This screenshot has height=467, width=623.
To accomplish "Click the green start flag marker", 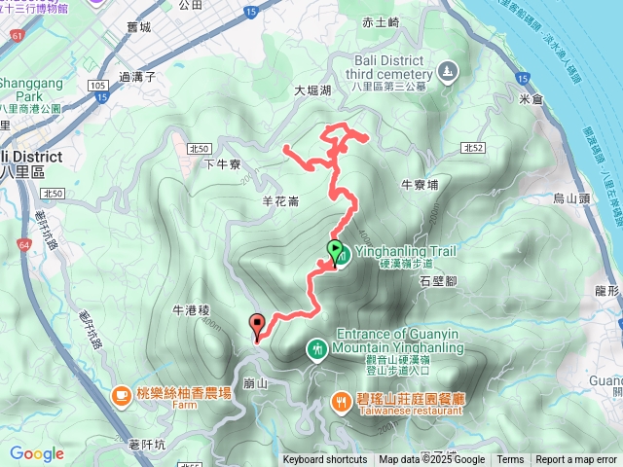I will (335, 253).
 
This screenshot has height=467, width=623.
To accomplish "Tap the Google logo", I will (36, 453).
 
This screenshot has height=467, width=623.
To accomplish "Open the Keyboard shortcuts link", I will (325, 460).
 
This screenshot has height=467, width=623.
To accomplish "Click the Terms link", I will (510, 460).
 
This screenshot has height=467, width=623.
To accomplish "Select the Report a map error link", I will (576, 460).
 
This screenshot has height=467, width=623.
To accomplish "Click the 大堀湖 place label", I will (313, 90).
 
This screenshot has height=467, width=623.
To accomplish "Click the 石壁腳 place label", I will (439, 280).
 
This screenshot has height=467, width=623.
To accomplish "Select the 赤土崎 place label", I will (381, 22).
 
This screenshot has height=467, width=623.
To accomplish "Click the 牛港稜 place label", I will (191, 311).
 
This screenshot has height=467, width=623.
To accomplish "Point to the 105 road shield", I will (96, 87).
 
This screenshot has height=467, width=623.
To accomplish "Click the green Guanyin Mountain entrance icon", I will (317, 348).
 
